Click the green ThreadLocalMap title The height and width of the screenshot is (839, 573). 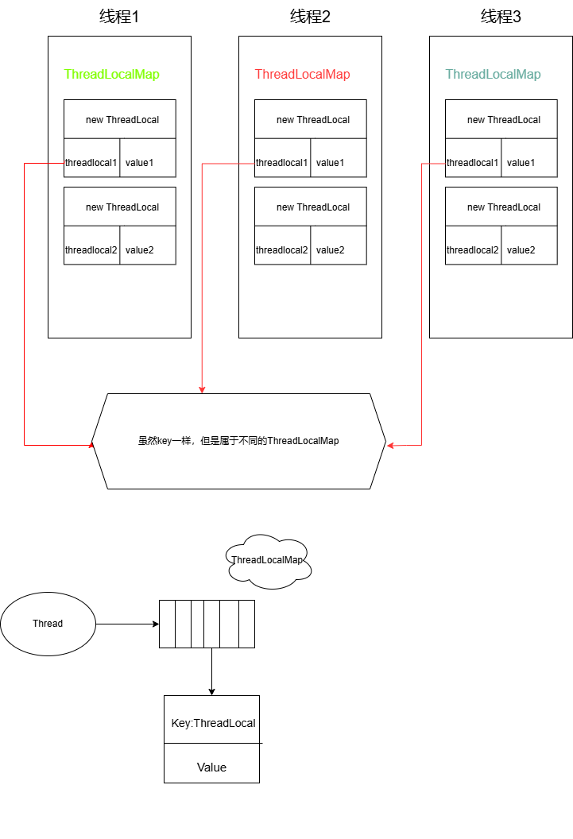tap(111, 75)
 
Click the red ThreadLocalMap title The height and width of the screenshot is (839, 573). tap(302, 75)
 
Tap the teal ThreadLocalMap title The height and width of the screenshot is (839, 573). tap(493, 75)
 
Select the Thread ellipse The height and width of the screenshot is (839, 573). tap(48, 624)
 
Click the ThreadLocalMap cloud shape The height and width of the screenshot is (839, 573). tap(268, 561)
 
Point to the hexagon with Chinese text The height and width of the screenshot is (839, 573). tap(238, 441)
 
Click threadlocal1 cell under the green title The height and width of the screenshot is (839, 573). tap(91, 163)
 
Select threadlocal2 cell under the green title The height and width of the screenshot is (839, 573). tap(91, 250)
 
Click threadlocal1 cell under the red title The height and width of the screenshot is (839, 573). tap(282, 163)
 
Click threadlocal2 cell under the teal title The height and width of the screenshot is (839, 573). tap(473, 250)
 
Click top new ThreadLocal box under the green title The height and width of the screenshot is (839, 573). tap(120, 119)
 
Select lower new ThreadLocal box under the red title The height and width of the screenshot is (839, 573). tap(311, 207)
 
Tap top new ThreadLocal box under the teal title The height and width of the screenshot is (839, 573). tap(501, 119)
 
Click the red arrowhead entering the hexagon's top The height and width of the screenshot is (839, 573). tap(202, 389)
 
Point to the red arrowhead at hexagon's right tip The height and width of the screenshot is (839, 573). tap(390, 446)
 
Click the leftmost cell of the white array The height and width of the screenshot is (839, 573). tap(167, 624)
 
